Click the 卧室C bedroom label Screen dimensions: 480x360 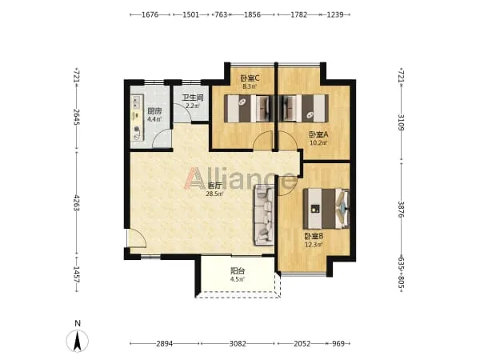250,78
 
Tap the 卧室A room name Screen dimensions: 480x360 318,134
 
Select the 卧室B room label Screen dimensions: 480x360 314,236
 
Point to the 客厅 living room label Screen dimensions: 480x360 214,186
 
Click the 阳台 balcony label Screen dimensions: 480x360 238,271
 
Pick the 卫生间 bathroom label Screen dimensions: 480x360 193,98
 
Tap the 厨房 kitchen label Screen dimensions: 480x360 154,111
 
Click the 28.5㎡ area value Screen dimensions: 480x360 214,194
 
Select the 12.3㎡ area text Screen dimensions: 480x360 314,245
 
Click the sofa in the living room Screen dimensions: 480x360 263,214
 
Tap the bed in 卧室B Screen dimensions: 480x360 326,209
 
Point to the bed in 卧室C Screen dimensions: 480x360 249,108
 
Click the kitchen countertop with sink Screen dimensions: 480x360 137,118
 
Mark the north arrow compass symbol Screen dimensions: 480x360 78,341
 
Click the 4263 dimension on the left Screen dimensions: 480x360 77,202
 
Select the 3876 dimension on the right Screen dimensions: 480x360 402,210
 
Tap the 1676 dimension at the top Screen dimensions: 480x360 150,14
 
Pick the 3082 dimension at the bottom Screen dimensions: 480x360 238,344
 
